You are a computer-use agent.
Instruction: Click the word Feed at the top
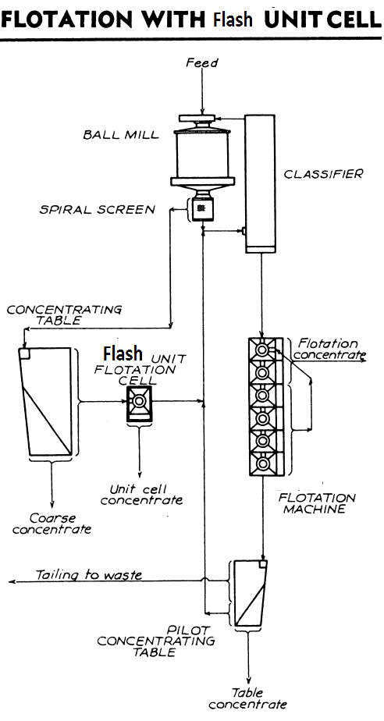click(x=201, y=63)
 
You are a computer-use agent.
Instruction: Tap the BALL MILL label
click(x=121, y=134)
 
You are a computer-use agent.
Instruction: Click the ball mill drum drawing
click(x=201, y=156)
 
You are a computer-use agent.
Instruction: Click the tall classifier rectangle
click(x=261, y=183)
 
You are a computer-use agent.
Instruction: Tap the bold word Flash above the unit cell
click(x=124, y=352)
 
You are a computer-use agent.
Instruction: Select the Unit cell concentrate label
click(x=140, y=494)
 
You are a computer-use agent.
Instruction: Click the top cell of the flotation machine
click(x=263, y=352)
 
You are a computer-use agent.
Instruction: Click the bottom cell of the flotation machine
click(x=263, y=463)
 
